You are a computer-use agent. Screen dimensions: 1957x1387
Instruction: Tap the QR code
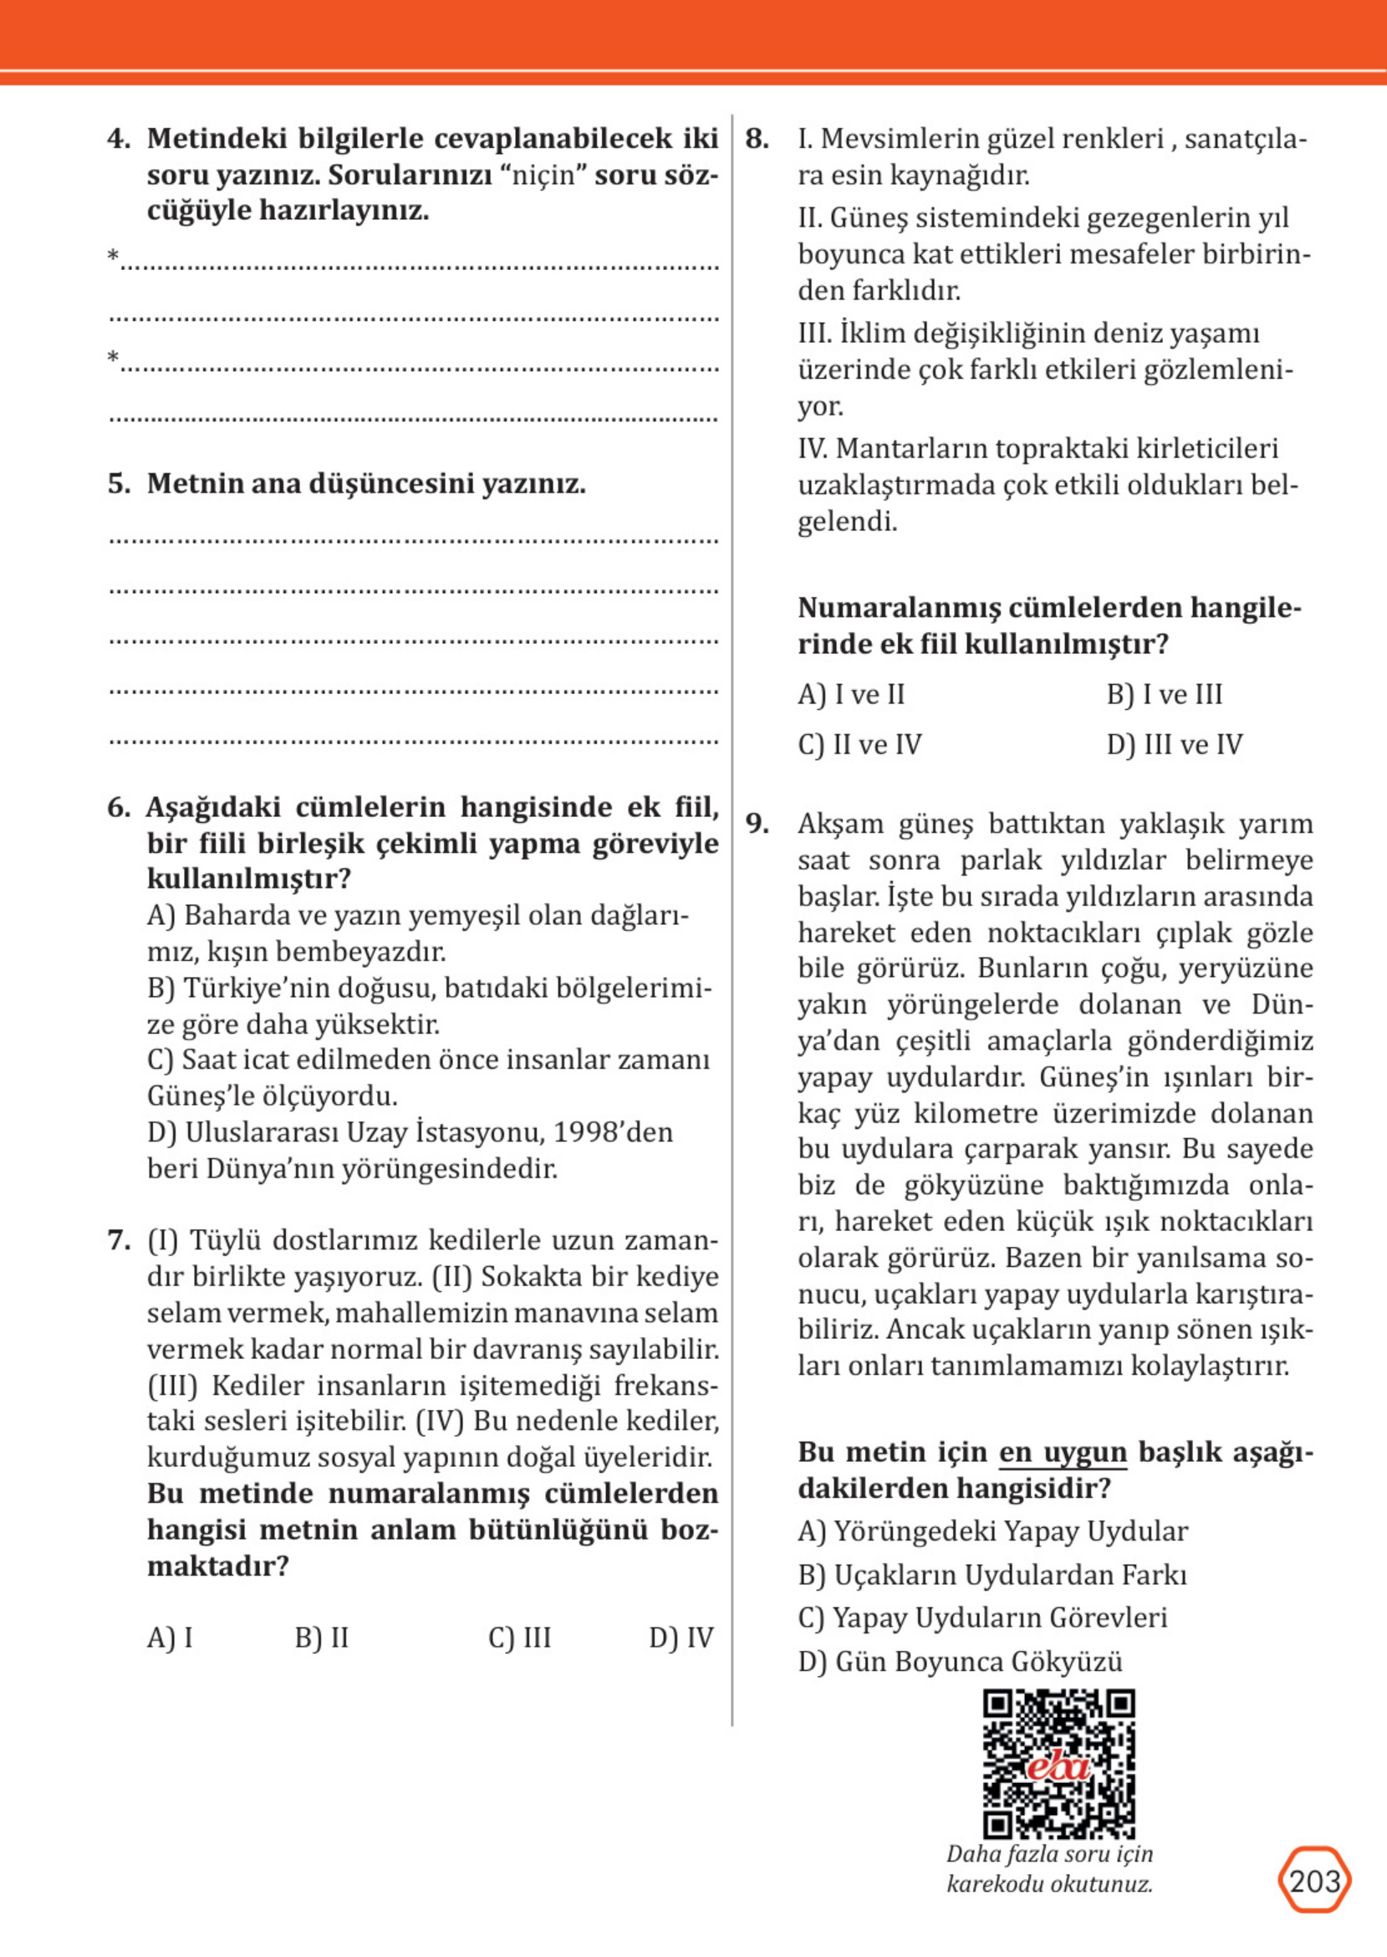pos(1059,1765)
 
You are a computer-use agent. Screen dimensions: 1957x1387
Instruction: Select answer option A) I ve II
pos(850,694)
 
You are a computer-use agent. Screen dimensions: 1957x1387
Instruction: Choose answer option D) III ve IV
pos(1174,745)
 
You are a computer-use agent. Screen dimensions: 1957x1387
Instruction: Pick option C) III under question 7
pos(519,1638)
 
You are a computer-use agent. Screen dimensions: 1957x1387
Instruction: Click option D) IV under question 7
pos(681,1638)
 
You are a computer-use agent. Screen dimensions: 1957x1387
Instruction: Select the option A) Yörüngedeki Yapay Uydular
pos(992,1530)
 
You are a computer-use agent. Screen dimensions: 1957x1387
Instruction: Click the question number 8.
pos(757,138)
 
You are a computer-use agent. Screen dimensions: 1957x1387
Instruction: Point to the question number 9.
pos(757,824)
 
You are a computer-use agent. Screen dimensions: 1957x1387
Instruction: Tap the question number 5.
pos(119,483)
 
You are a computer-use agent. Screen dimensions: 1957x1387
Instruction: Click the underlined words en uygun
pos(1063,1452)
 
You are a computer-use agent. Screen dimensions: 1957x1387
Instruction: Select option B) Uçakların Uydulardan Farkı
pos(992,1574)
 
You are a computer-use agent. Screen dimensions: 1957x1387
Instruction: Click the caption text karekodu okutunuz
pos(1048,1883)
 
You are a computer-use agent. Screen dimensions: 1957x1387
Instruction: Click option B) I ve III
pos(1164,694)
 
